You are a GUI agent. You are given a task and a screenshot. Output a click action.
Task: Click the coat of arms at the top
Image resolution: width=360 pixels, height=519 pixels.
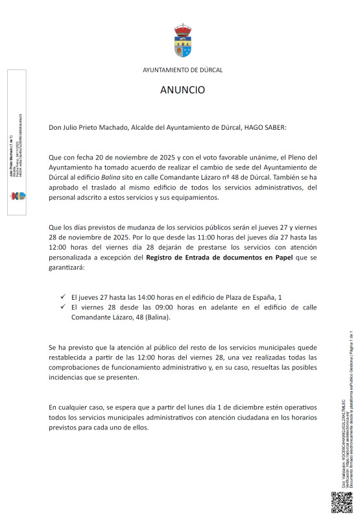[182, 41]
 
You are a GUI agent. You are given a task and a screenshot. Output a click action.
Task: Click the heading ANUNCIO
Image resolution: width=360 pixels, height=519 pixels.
[182, 90]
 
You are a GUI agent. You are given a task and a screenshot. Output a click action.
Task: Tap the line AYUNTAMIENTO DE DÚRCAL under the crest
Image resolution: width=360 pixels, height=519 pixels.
[182, 69]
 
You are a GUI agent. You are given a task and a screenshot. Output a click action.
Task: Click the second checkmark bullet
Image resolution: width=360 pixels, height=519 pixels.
[62, 307]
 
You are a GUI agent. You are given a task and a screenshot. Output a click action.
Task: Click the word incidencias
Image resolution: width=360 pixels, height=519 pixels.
[67, 378]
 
